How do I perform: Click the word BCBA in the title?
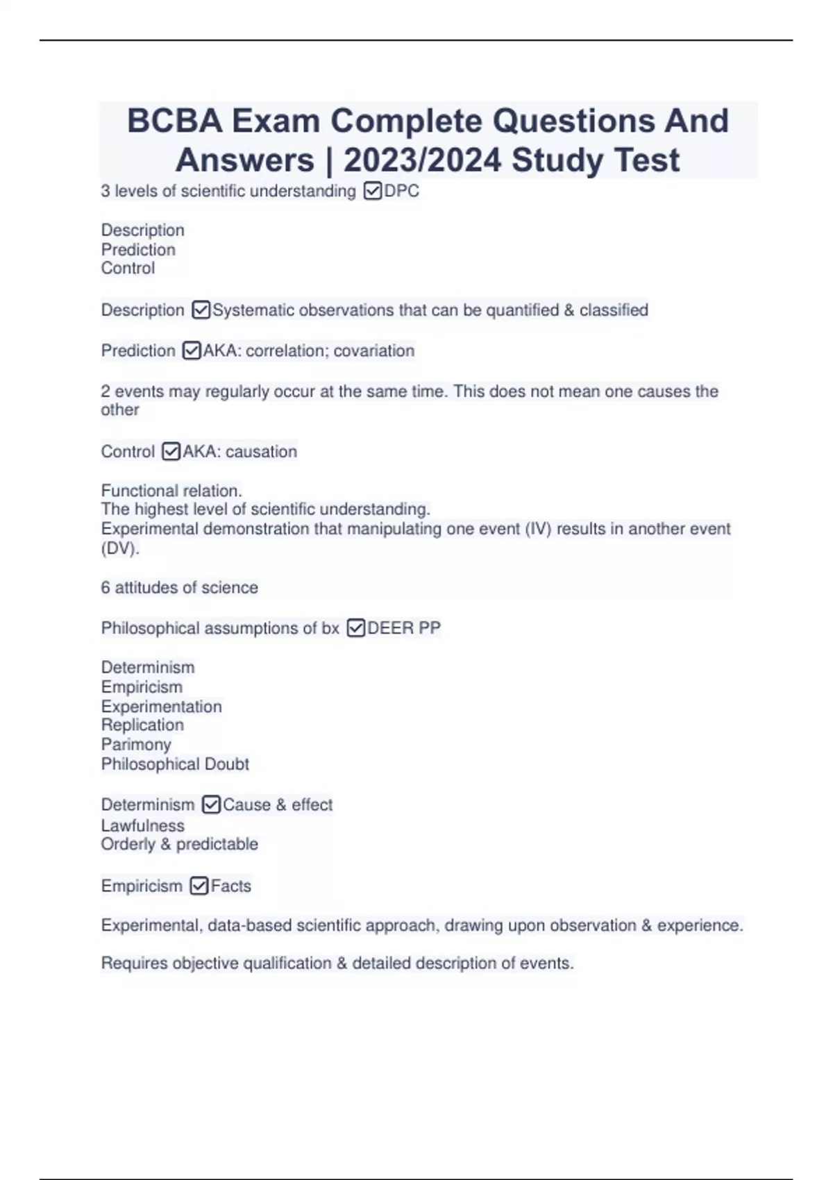click(x=175, y=121)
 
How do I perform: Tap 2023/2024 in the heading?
click(x=422, y=160)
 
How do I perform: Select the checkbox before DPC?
click(x=372, y=191)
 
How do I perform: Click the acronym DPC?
click(x=402, y=191)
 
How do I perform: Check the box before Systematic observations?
click(x=201, y=310)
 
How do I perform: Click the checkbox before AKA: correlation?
click(x=191, y=351)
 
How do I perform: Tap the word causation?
click(x=261, y=451)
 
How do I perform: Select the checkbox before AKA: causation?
click(x=171, y=451)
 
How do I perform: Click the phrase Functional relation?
click(x=171, y=491)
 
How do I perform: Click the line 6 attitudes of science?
click(x=179, y=587)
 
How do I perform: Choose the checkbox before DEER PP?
click(x=355, y=628)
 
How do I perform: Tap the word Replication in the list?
click(x=142, y=725)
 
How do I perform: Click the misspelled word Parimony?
click(x=136, y=744)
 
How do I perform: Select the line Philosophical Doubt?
click(x=175, y=764)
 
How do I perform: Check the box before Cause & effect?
click(x=211, y=804)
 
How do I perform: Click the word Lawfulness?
click(x=143, y=825)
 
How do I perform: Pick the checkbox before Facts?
click(x=199, y=886)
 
